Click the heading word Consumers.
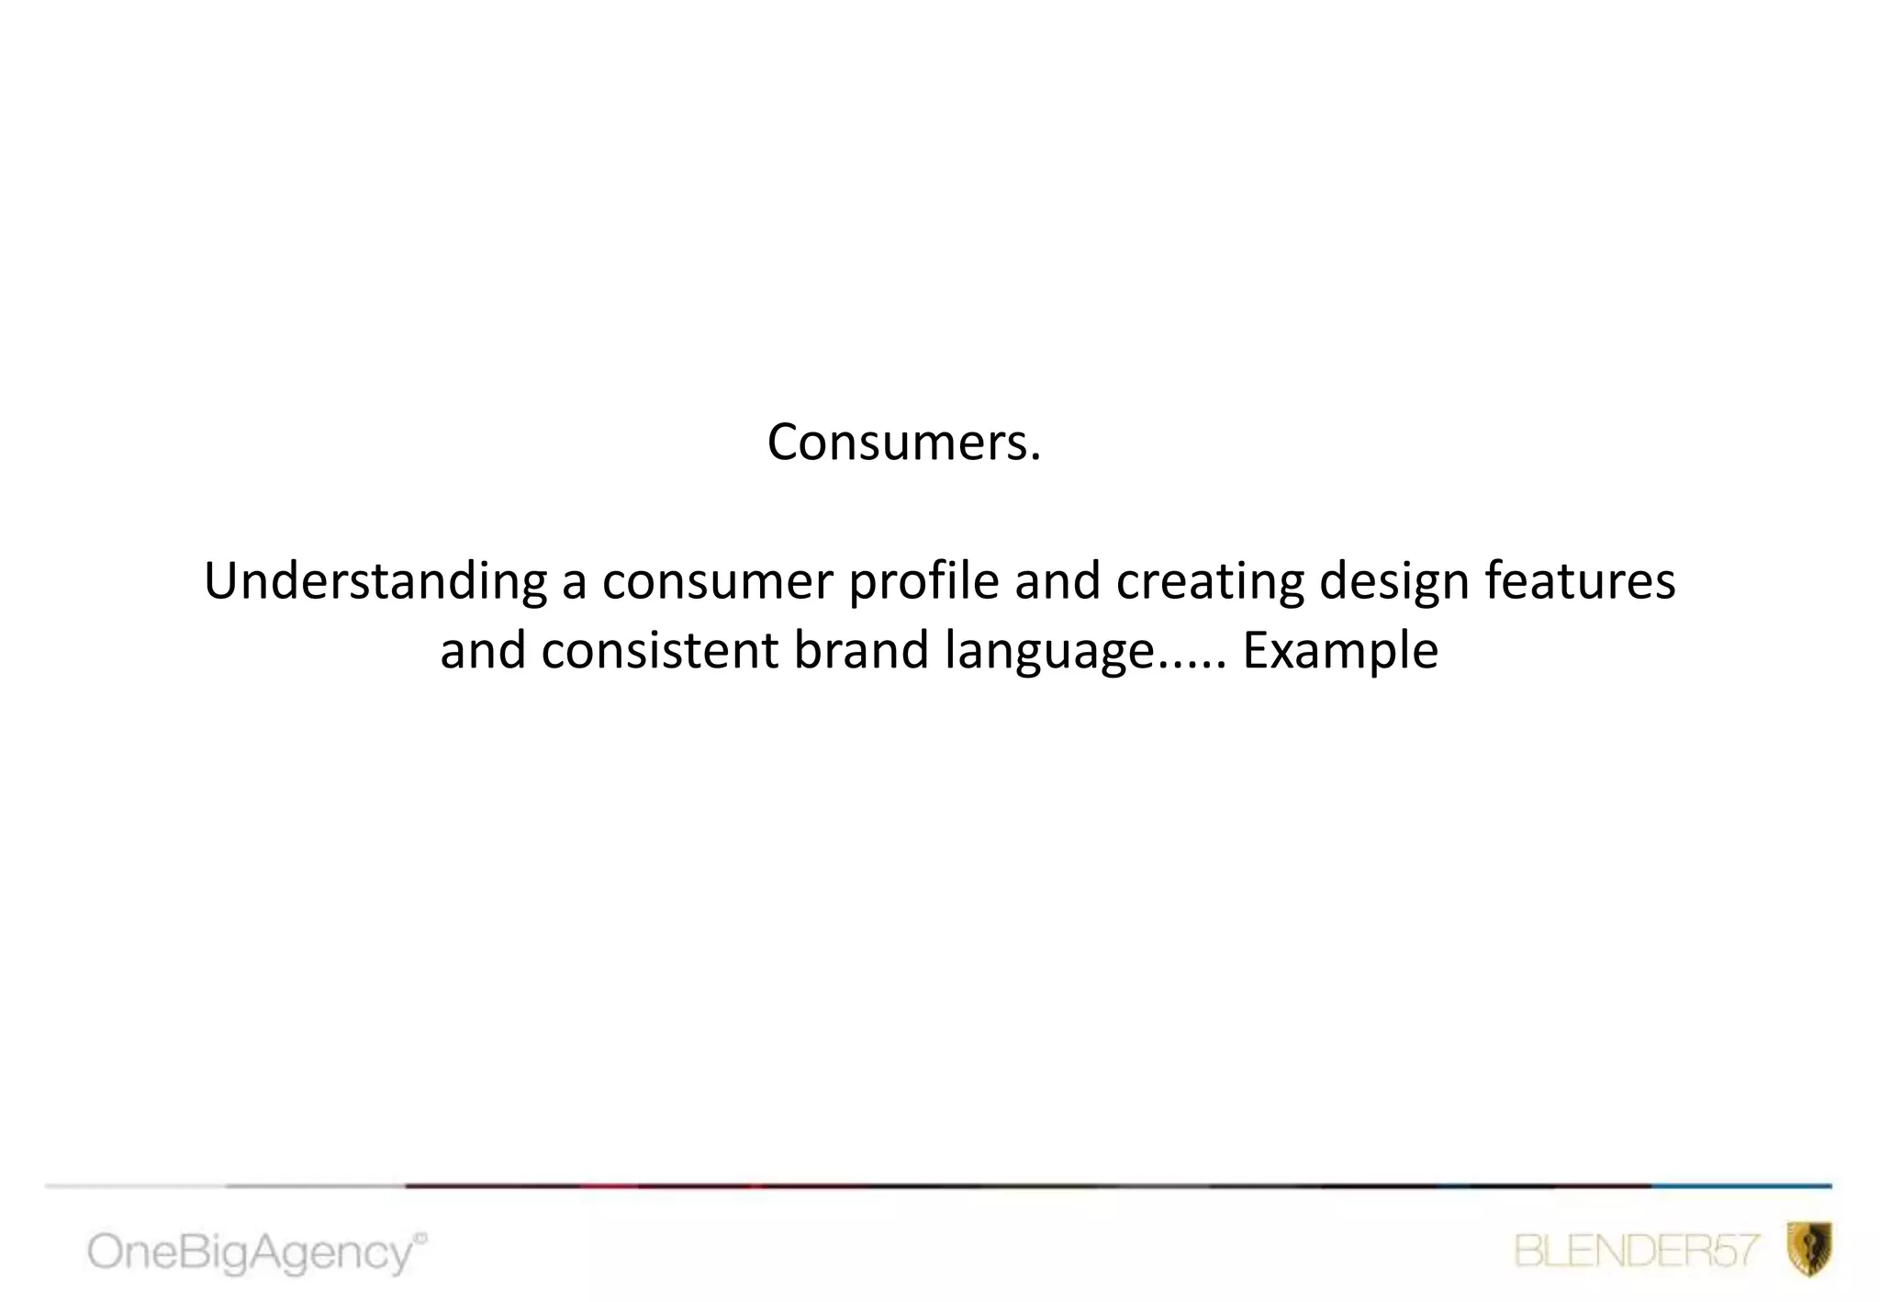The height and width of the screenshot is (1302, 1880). [903, 443]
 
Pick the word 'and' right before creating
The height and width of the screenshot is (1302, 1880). [1057, 582]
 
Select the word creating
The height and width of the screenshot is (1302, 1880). [1209, 582]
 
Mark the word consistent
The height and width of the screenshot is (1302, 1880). [659, 651]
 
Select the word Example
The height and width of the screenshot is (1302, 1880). [1339, 651]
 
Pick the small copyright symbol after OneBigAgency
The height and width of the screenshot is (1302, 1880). [421, 1239]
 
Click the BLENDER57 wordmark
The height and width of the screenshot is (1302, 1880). [1637, 1251]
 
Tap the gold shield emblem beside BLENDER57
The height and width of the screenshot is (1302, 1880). [1809, 1249]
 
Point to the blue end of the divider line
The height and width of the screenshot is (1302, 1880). [1744, 1186]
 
